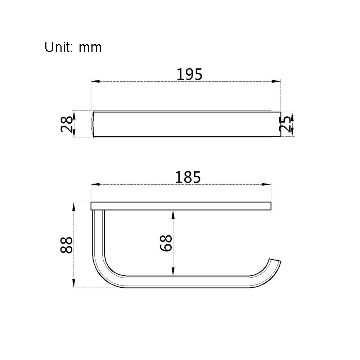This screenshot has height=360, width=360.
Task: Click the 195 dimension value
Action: (189, 74)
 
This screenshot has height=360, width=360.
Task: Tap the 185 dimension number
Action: (188, 177)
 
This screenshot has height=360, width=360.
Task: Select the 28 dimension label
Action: (67, 124)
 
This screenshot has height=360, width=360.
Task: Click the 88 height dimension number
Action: (66, 245)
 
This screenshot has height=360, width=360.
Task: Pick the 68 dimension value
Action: (166, 243)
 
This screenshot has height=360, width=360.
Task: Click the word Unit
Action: (59, 47)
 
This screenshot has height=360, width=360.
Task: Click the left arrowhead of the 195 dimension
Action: (95, 81)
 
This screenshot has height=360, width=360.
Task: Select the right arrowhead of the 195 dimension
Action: (276, 81)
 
